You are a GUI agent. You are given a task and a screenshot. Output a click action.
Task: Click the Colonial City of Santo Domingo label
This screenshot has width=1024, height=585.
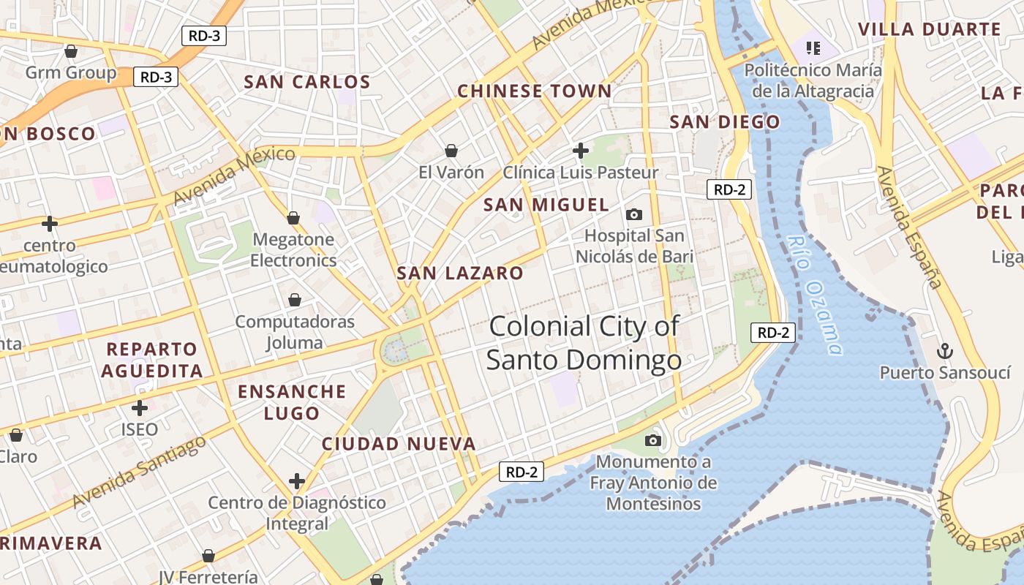584,343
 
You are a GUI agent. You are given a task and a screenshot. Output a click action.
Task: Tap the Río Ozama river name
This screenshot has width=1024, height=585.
816,294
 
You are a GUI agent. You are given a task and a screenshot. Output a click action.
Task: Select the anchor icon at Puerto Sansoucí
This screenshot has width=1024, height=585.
944,350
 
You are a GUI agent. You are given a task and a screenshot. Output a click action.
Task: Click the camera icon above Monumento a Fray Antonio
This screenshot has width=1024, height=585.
653,440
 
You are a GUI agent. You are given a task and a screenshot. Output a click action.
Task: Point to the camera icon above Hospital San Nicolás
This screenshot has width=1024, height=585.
634,214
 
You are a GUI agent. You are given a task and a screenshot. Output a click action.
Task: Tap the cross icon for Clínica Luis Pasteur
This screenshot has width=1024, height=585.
581,151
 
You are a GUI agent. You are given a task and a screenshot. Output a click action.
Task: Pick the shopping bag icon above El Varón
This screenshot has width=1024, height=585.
451,151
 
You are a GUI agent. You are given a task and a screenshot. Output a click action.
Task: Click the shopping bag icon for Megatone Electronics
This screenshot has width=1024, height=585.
293,218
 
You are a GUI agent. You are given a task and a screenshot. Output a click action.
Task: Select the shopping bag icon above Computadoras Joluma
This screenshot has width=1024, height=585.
295,300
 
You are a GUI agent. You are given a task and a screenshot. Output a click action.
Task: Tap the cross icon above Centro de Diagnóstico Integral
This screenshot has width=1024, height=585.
296,481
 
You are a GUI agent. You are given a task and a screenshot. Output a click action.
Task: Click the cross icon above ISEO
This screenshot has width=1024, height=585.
140,407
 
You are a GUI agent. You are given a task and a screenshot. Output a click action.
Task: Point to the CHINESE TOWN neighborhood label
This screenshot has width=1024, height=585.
534,91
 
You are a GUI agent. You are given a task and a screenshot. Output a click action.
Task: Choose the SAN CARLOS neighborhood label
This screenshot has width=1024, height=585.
307,82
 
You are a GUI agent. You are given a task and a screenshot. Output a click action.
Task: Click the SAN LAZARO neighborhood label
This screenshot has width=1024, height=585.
460,273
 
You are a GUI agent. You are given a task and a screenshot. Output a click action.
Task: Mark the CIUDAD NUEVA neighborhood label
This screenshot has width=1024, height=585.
399,444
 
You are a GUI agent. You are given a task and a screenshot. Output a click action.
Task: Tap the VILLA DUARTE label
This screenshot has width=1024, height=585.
929,29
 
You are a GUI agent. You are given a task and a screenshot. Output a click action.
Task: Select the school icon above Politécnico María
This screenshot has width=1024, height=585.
813,48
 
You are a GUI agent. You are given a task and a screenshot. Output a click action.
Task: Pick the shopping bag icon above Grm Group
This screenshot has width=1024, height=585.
71,51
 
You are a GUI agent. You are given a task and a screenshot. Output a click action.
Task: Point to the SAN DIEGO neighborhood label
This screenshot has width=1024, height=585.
725,122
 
